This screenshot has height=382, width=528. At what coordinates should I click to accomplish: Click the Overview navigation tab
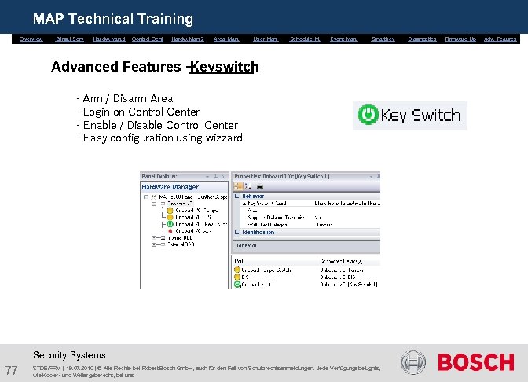[x=31, y=39]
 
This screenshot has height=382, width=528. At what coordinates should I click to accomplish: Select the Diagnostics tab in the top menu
[x=422, y=39]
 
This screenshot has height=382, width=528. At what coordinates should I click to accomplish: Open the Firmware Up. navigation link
[x=460, y=39]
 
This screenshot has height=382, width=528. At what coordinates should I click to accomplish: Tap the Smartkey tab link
[x=383, y=39]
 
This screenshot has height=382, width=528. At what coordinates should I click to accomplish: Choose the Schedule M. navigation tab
[x=305, y=39]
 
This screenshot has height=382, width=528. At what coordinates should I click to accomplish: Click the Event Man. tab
[x=344, y=39]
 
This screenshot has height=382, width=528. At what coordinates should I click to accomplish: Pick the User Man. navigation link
[x=266, y=39]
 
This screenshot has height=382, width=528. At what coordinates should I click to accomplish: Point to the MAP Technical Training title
[x=112, y=18]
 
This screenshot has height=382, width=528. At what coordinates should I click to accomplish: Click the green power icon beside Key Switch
[x=368, y=116]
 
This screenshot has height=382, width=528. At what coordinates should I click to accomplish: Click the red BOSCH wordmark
[x=475, y=362]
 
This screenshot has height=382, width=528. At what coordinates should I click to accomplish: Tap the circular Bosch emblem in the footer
[x=413, y=362]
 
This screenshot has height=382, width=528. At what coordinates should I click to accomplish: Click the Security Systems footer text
[x=69, y=355]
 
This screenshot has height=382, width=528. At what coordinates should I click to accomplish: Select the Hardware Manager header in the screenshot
[x=170, y=187]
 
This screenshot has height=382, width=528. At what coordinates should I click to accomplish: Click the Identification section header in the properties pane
[x=258, y=232]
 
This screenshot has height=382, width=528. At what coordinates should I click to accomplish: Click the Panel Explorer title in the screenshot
[x=160, y=177]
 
